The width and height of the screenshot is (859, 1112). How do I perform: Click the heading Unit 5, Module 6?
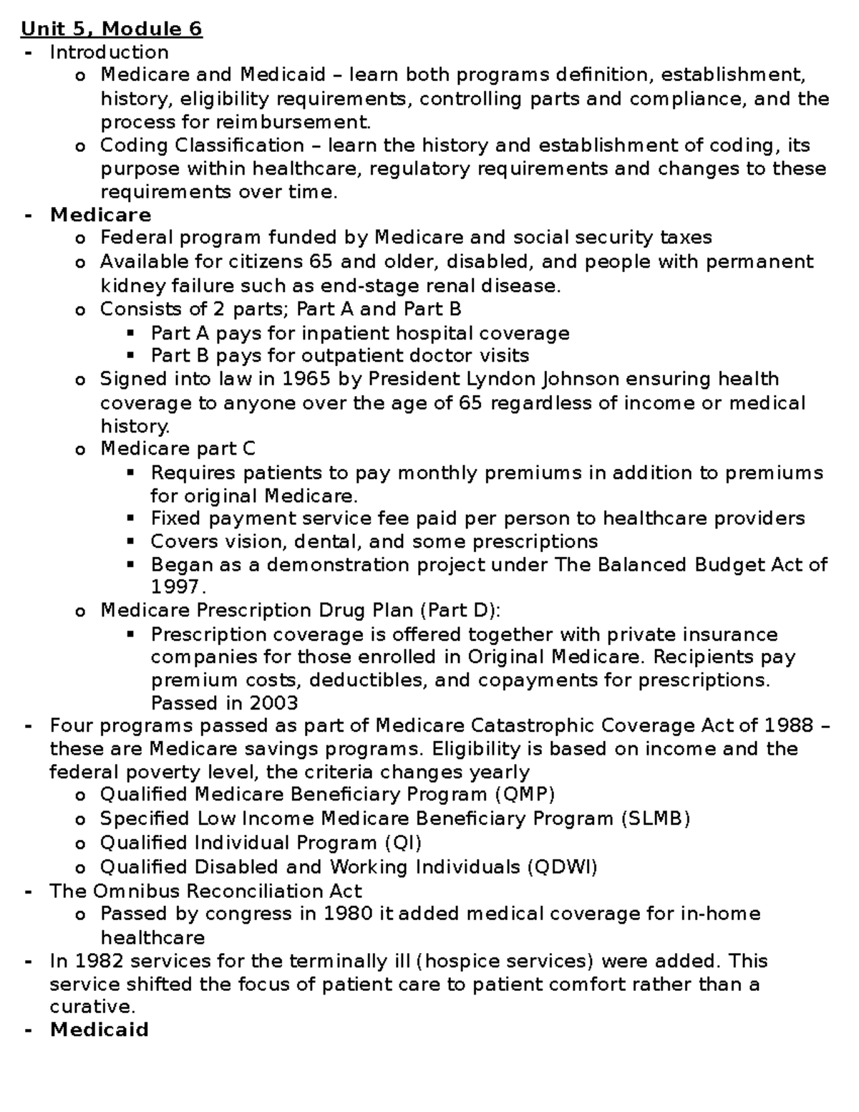(x=112, y=29)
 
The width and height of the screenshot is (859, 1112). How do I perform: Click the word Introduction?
(x=109, y=52)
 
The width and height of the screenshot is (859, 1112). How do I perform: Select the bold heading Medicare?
(x=100, y=215)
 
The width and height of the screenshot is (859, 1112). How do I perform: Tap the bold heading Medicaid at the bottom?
(x=99, y=1030)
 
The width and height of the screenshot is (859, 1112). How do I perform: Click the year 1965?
(x=306, y=379)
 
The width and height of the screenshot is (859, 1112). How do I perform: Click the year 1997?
(x=176, y=587)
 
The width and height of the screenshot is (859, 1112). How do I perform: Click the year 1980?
(x=346, y=914)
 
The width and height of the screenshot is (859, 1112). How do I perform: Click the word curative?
(x=91, y=1007)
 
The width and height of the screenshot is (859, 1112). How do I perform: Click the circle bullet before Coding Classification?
(x=79, y=147)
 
